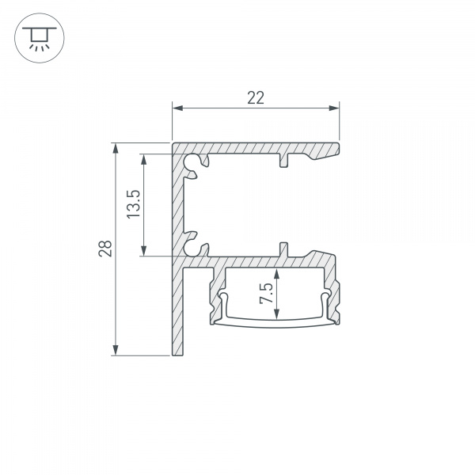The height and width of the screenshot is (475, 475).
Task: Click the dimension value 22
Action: (x=255, y=98)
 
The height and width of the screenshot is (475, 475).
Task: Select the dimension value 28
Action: (x=105, y=249)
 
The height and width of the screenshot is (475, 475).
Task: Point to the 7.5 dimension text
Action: (x=267, y=294)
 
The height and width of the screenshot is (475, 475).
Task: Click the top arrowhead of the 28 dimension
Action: (x=116, y=148)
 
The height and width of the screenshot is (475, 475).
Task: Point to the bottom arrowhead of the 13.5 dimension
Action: (x=144, y=251)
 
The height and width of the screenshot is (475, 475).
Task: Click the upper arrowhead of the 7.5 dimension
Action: (x=277, y=272)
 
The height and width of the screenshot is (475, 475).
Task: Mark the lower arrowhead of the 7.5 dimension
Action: (x=277, y=317)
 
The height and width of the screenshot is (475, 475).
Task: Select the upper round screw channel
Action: (x=192, y=163)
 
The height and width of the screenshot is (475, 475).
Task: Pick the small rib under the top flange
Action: (x=283, y=161)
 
